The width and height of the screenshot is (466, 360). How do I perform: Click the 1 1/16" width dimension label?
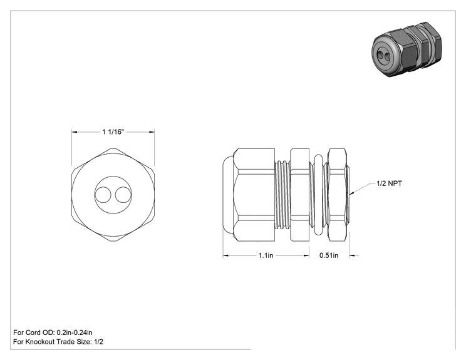(x=113, y=131)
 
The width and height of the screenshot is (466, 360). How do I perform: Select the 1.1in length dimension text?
(x=266, y=255)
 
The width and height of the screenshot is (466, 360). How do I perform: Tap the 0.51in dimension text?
(x=329, y=255)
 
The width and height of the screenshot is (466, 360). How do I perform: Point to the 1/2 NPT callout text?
(x=389, y=183)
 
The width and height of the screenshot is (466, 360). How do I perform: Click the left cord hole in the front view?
(x=103, y=195)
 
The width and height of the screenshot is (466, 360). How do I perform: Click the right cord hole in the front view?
(x=123, y=195)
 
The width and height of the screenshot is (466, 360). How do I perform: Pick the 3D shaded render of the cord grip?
(x=406, y=49)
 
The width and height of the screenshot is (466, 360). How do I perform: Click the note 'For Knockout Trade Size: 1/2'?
(x=58, y=342)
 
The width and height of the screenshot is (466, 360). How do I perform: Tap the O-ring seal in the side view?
(x=318, y=195)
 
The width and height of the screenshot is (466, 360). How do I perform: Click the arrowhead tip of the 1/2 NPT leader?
(x=350, y=195)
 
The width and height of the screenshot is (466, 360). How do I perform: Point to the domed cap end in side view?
(x=228, y=195)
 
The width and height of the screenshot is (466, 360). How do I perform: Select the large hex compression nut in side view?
(x=254, y=195)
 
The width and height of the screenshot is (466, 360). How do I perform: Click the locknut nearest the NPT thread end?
(x=338, y=195)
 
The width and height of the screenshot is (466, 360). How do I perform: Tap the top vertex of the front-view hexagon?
(x=113, y=148)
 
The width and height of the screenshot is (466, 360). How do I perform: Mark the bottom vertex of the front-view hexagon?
(x=113, y=242)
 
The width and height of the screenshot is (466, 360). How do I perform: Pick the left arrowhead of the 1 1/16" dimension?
(x=72, y=132)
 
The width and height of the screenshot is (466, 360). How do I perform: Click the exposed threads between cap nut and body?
(x=282, y=195)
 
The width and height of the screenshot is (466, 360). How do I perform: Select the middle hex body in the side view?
(x=299, y=195)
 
